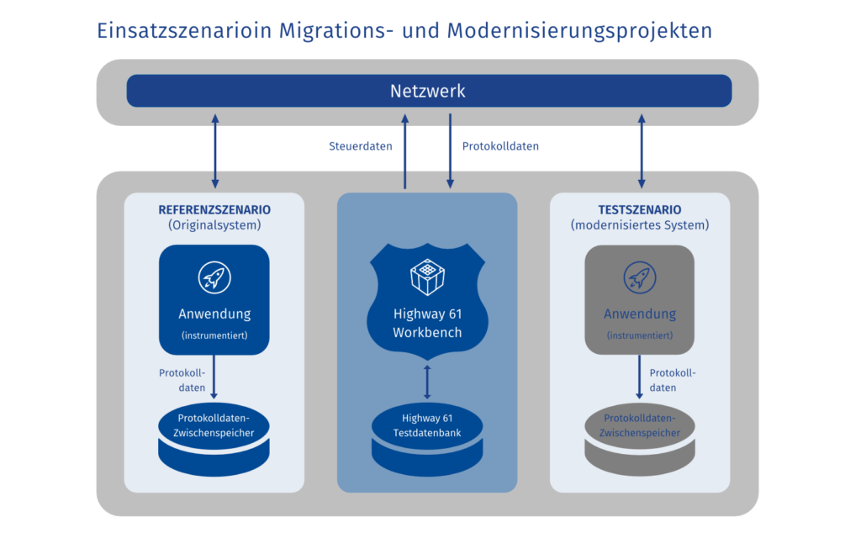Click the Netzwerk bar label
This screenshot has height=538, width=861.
(427, 91)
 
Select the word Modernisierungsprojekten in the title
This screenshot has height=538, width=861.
(579, 31)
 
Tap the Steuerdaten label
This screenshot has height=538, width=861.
(360, 146)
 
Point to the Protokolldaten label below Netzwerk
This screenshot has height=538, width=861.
(500, 146)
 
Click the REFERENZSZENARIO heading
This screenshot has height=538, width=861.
(214, 209)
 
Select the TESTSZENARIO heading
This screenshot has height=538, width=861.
(639, 209)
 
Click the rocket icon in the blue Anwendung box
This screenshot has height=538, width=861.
(214, 277)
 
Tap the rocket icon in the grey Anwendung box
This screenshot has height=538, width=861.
(639, 277)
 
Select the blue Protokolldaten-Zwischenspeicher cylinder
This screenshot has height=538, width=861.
(214, 435)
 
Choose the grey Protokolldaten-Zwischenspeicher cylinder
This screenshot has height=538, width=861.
(639, 435)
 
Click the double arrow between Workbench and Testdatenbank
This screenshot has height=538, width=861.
(427, 381)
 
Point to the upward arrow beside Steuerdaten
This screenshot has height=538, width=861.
(405, 151)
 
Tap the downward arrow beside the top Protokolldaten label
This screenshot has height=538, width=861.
(450, 151)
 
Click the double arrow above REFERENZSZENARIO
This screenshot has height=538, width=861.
(215, 151)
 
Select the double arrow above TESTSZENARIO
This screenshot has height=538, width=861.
(642, 151)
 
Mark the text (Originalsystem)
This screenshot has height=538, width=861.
(214, 225)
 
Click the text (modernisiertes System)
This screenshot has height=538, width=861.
(639, 225)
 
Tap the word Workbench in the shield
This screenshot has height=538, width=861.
(427, 333)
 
